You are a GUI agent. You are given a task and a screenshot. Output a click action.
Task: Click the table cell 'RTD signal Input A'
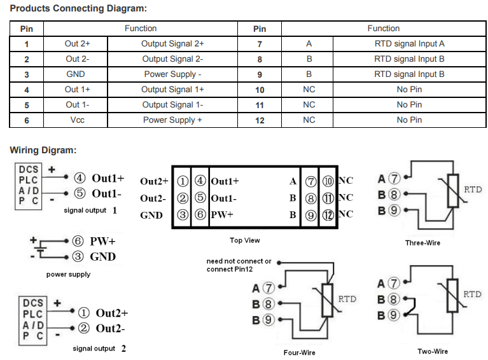(409, 44)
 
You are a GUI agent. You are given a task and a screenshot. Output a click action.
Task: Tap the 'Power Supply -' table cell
(172, 74)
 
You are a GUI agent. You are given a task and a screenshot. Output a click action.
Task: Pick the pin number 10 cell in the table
(260, 90)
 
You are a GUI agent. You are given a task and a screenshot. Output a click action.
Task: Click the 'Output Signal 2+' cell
(172, 44)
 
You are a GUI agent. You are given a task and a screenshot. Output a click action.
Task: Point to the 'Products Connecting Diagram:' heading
(78, 8)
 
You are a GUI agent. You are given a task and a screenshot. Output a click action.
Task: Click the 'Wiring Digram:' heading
(43, 150)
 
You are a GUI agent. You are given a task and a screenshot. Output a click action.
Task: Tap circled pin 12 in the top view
(328, 215)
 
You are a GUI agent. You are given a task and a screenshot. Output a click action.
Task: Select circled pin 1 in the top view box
(183, 181)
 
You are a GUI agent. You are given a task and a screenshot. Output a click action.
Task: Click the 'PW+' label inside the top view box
(222, 215)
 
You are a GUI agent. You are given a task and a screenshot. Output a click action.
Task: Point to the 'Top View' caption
(244, 240)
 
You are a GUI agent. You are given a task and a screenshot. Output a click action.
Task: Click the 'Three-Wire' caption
(422, 243)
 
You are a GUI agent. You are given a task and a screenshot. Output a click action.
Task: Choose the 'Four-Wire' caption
(300, 352)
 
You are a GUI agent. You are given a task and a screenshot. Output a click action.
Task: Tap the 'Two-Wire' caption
(433, 351)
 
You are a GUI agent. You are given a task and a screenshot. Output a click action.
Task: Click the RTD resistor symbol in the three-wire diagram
(453, 191)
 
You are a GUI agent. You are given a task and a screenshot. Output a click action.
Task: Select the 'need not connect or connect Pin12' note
(239, 265)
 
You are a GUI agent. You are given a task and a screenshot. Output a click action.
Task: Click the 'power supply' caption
(69, 274)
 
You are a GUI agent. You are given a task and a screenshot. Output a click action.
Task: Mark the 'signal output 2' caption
(99, 349)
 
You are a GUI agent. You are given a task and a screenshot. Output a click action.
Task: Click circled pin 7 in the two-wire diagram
(394, 283)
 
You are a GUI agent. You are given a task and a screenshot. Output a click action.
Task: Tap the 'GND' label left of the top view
(151, 216)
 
